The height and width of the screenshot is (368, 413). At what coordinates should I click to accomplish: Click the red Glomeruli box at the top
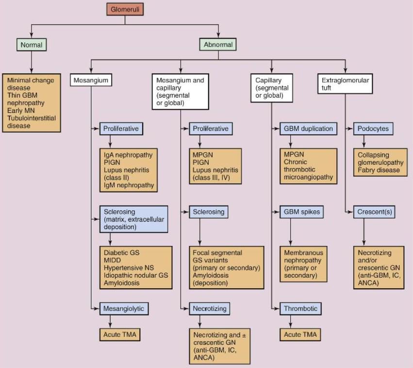coord(125,9)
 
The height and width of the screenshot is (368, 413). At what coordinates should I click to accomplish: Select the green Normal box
coord(32,45)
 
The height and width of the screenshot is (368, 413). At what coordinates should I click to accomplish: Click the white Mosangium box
coord(91,79)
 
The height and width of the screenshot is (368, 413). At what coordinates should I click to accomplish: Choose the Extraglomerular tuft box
coord(345,84)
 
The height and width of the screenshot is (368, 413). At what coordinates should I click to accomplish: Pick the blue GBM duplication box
coord(308,129)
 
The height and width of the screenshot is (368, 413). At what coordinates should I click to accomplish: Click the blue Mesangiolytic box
coord(123,308)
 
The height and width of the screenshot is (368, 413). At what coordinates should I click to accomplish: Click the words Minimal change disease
coord(31,84)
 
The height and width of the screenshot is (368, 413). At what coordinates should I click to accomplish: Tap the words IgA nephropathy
coord(128,155)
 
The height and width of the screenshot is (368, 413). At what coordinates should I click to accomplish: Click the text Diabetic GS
coord(120,252)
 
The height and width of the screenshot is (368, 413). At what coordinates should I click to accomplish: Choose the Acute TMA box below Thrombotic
coord(300,334)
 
